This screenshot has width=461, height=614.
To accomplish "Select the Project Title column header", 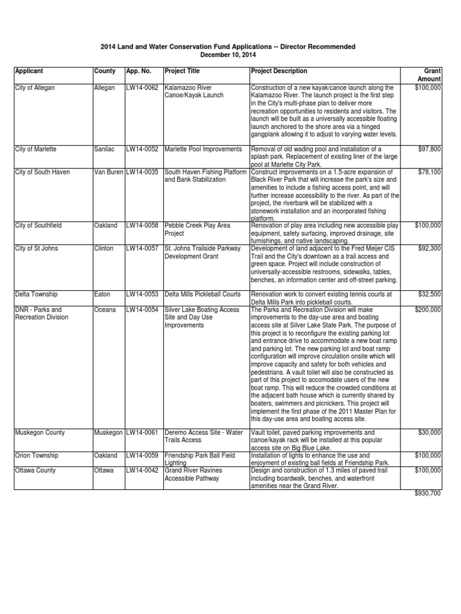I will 182,71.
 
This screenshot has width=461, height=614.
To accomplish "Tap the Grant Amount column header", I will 432,75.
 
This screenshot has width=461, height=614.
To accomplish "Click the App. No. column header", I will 138,71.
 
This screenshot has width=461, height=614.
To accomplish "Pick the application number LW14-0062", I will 142,88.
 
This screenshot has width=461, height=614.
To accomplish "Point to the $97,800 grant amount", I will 430,149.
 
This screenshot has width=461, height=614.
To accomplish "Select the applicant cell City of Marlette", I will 36,149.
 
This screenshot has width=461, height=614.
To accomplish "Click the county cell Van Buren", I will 109,172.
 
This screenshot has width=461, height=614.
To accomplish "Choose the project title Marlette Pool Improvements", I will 203,149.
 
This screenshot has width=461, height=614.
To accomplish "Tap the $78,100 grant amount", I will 430,172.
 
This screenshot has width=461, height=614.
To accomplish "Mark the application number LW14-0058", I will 142,225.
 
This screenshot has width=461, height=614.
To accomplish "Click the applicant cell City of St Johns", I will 37,248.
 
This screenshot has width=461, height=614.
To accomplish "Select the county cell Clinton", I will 104,248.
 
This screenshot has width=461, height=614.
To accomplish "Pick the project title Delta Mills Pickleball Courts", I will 202,294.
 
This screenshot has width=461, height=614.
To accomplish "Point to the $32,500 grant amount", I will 430,294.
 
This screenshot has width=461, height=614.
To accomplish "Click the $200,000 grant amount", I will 428,310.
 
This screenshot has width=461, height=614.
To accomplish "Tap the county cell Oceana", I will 105,310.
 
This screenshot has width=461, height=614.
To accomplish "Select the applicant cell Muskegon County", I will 40,432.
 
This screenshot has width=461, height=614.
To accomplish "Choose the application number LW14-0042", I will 142,471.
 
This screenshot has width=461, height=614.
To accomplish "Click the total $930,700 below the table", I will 428,493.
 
